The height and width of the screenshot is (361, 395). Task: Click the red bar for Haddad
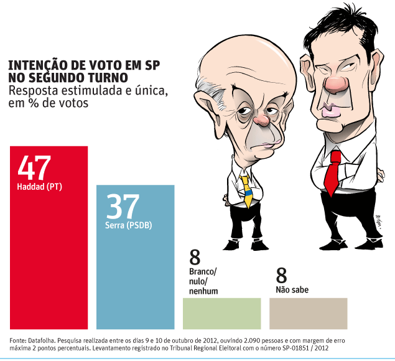pos(49,261)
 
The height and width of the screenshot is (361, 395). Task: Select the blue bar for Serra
pos(135,280)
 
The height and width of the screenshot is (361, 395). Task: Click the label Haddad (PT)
pos(40,186)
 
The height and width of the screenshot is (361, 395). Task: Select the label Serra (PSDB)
pos(129,225)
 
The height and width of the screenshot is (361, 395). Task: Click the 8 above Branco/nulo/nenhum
pos(195,257)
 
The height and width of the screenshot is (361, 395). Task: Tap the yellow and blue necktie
pos(247,189)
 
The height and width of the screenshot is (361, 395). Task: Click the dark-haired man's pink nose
pos(336,84)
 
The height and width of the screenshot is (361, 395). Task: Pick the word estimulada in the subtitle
pos(77,91)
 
